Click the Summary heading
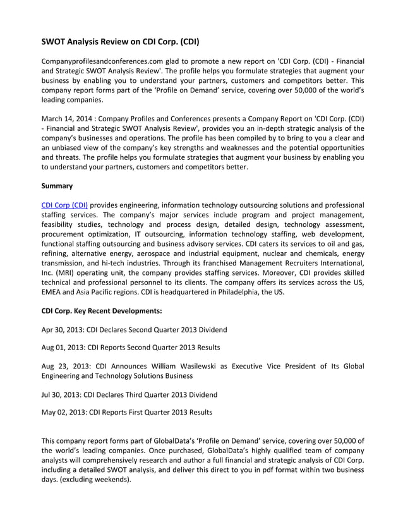coord(57,186)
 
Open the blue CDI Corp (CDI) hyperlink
coord(64,205)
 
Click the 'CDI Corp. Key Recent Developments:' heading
coord(101,311)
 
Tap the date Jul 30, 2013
coord(61,394)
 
